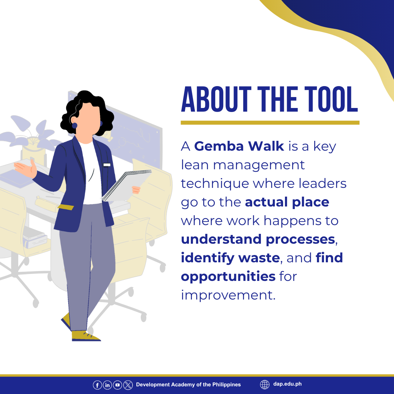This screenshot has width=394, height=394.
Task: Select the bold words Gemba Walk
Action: click(239, 146)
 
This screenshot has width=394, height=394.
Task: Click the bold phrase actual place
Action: click(287, 202)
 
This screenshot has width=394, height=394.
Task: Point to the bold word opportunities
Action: click(228, 277)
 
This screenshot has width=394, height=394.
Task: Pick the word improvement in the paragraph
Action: click(228, 295)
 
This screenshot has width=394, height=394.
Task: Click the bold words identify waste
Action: click(230, 258)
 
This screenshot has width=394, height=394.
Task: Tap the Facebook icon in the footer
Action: click(97, 385)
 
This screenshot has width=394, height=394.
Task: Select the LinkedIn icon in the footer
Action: click(107, 385)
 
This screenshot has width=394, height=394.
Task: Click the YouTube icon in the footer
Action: click(117, 385)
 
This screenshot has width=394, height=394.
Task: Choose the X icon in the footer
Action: click(128, 385)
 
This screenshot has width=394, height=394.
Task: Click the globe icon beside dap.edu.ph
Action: click(264, 385)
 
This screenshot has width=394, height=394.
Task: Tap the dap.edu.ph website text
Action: click(287, 384)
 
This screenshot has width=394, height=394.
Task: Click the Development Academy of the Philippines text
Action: click(188, 385)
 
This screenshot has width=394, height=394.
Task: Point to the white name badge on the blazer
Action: click(107, 165)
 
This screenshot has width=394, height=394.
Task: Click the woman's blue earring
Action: click(74, 125)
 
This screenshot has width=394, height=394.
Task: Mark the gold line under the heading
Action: click(270, 123)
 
